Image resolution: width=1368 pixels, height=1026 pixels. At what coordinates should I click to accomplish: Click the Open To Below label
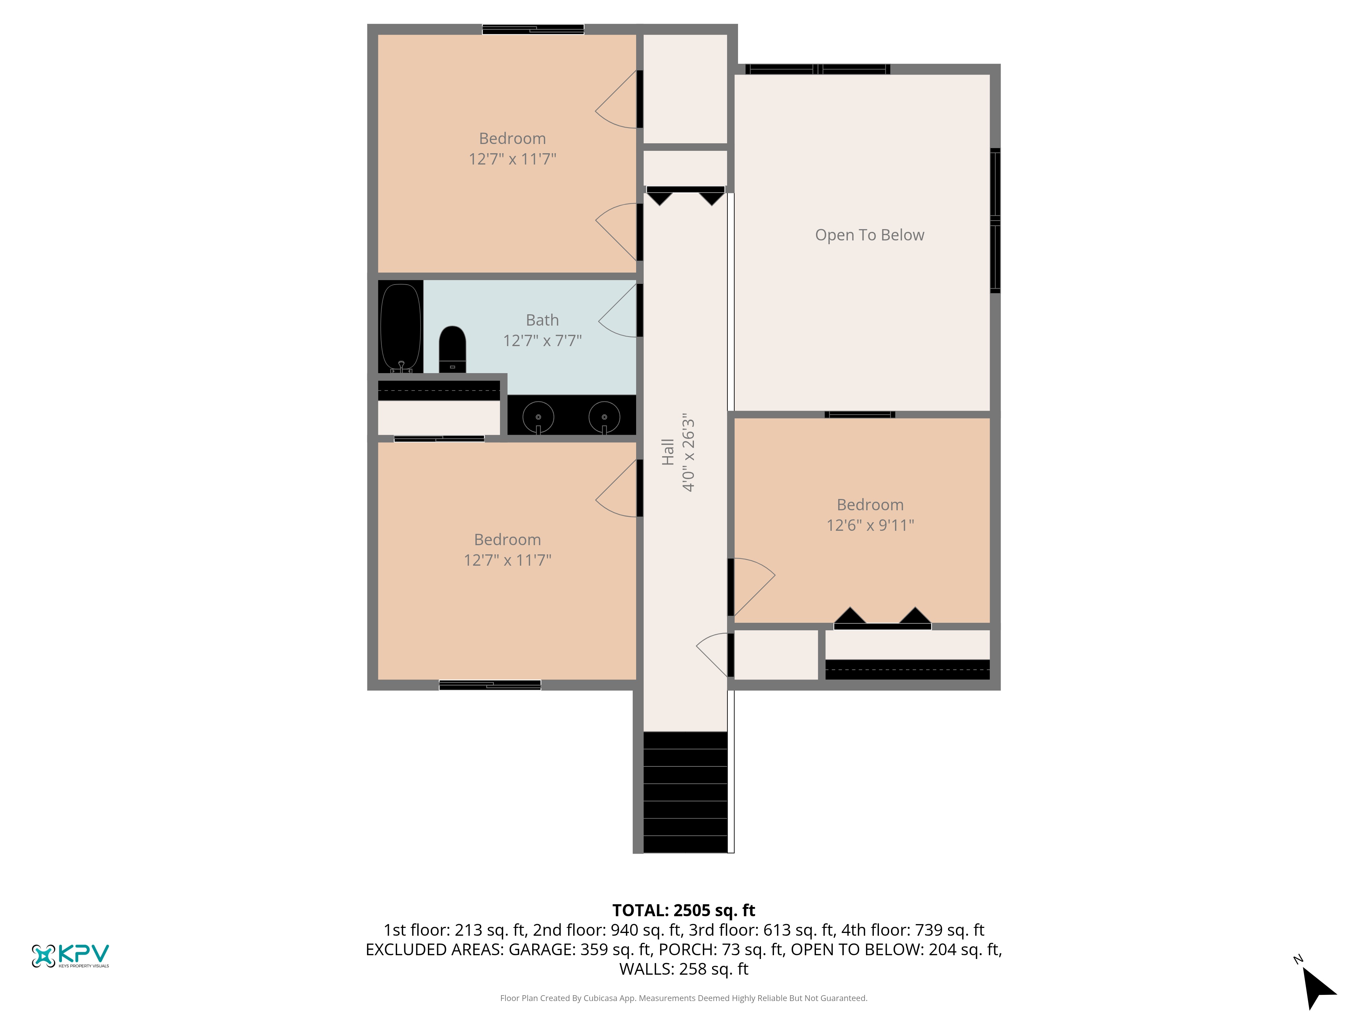[x=869, y=235]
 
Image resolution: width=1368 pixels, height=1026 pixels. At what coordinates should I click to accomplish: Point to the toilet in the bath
[x=452, y=350]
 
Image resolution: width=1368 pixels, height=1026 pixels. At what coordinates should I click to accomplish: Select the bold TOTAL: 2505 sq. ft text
[x=683, y=910]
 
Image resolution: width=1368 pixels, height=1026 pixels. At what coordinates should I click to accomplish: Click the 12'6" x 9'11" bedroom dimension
[x=870, y=525]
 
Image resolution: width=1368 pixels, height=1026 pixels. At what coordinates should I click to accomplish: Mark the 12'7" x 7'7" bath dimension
[x=542, y=340]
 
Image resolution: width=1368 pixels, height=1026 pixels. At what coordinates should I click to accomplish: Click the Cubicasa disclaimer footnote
[x=683, y=998]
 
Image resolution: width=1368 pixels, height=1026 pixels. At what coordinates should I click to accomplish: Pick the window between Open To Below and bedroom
[x=860, y=415]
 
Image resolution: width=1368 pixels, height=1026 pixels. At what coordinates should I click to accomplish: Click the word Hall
[x=667, y=452]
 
